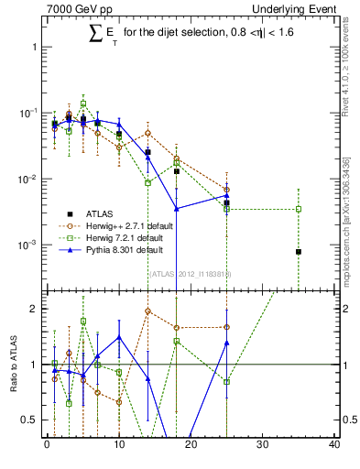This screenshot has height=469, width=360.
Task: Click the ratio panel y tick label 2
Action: pyautogui.click(x=35, y=309)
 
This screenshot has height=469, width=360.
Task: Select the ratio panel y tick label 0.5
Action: pyautogui.click(x=31, y=420)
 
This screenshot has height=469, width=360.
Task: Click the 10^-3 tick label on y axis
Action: pyautogui.click(x=28, y=245)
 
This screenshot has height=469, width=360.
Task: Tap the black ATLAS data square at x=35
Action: pyautogui.click(x=299, y=251)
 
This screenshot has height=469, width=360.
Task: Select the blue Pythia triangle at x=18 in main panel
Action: pyautogui.click(x=177, y=209)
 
